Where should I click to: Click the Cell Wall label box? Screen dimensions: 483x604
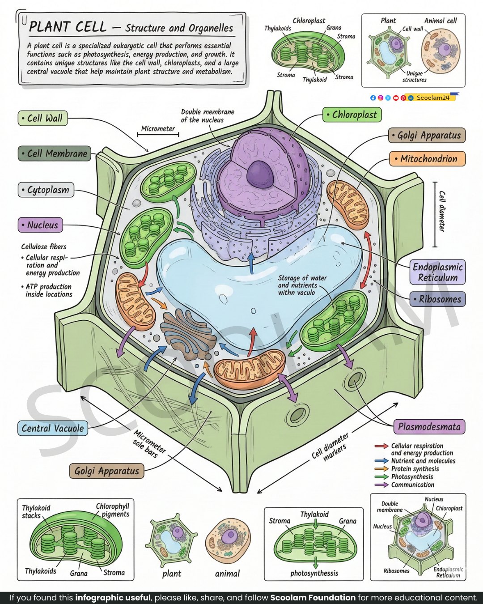(42, 118)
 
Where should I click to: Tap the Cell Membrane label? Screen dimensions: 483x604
(55, 153)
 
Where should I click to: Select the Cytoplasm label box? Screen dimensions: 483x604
(46, 190)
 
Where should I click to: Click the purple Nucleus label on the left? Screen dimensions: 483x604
(40, 225)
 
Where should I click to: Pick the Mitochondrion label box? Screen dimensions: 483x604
(427, 158)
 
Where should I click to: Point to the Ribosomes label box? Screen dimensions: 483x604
(437, 299)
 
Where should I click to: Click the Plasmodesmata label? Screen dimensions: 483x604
(429, 427)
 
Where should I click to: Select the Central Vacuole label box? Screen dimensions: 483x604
(52, 428)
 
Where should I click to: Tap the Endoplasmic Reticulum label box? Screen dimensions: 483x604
(437, 272)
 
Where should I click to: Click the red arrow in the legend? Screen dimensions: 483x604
(381, 446)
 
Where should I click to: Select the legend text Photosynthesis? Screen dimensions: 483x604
(412, 476)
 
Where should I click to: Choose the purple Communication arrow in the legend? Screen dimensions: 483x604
(381, 485)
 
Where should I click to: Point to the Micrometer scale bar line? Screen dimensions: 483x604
(158, 134)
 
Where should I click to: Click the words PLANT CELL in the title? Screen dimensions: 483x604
(68, 27)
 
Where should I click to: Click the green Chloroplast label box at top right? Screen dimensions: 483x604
(352, 115)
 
